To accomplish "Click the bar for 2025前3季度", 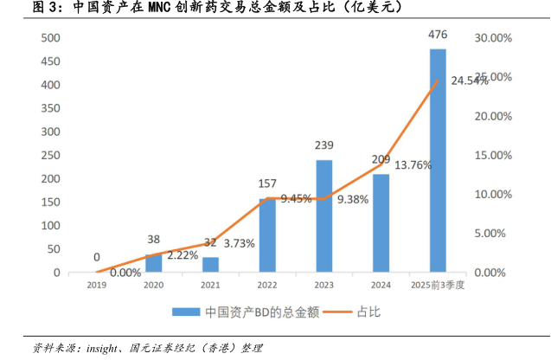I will tap(438, 161).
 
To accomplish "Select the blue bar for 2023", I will tap(324, 216).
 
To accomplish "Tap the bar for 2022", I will tap(267, 235).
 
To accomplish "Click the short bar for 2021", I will tap(210, 265).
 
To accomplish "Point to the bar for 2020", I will tap(153, 263).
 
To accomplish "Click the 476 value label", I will tap(438, 35).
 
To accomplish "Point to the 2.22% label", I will tap(183, 255).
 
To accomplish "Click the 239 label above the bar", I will tap(324, 145).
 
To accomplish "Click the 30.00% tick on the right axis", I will tap(494, 38).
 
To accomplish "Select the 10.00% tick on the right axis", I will tap(494, 195).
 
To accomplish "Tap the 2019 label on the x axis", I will tap(96, 285).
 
